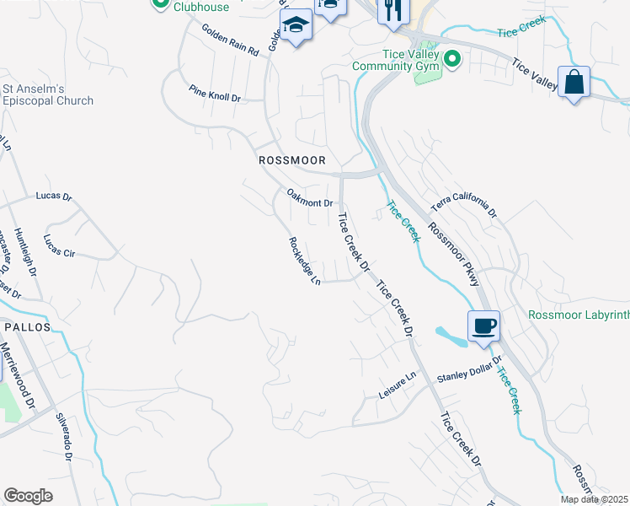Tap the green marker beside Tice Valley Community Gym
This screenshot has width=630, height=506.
[x=452, y=59]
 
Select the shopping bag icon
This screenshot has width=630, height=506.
[x=574, y=83]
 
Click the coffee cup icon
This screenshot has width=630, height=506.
[x=483, y=326]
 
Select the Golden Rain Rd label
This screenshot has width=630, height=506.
[x=229, y=40]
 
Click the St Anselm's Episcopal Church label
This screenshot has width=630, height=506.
[x=47, y=94]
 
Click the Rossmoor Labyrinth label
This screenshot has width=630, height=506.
[x=579, y=315]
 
